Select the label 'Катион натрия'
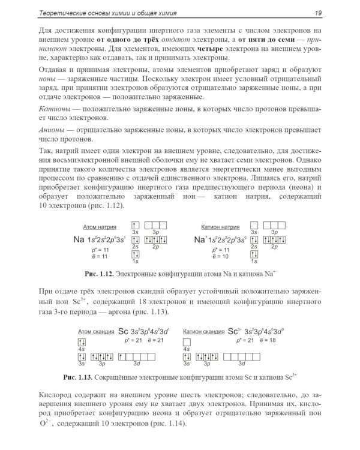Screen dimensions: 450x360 (x=217, y=227)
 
